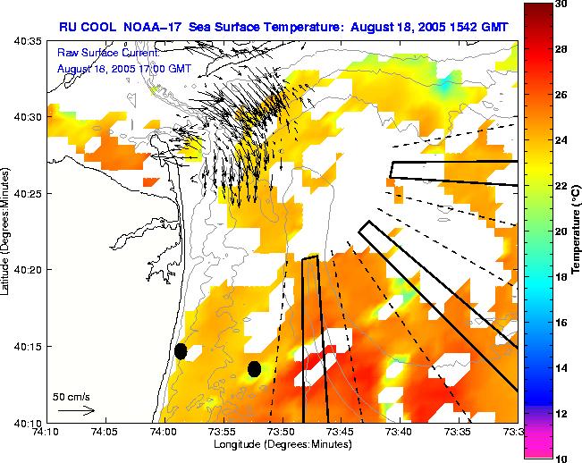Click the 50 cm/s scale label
click(x=71, y=396)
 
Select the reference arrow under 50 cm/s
click(x=76, y=410)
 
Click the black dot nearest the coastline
click(x=181, y=351)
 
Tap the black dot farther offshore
click(x=255, y=368)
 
